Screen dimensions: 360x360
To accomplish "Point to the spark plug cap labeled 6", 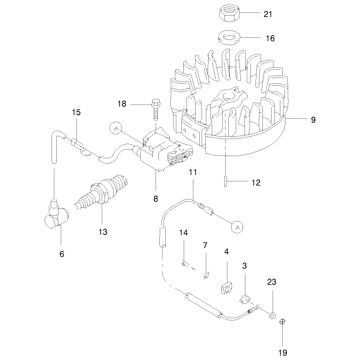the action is [x=57, y=214].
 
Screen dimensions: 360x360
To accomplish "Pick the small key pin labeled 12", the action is [x=226, y=181].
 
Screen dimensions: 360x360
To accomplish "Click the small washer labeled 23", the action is [x=273, y=315].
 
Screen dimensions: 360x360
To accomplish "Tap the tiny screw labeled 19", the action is [x=282, y=322].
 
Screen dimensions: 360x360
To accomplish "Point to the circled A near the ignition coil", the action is [x=116, y=129].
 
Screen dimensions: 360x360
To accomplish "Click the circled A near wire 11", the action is [x=237, y=227].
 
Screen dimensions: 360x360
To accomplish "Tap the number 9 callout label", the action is [x=313, y=120].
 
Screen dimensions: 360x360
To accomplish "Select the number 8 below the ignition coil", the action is [x=156, y=198].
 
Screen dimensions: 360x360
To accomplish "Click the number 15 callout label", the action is [x=76, y=112].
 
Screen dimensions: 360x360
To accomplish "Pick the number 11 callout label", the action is [x=193, y=172].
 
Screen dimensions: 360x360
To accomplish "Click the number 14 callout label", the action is [x=183, y=233].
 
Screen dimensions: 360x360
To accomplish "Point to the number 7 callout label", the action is [x=205, y=245].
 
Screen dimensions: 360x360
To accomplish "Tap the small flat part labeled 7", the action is [x=206, y=275].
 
